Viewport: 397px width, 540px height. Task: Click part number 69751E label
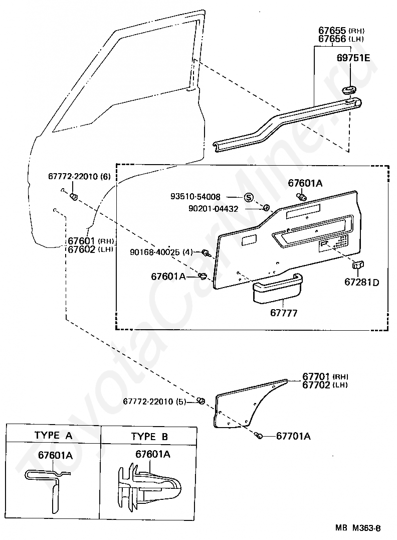tap(353, 58)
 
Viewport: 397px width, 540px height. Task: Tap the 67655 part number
tap(332, 30)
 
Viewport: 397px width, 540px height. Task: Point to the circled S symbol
tap(249, 197)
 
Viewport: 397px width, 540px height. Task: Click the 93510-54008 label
tap(195, 197)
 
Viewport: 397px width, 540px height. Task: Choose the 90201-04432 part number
tap(214, 209)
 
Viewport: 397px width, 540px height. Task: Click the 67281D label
tap(362, 283)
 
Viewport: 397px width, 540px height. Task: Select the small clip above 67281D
tap(358, 265)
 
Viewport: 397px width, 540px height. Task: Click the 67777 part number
tap(284, 313)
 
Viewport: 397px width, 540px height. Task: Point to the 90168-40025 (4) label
tap(161, 252)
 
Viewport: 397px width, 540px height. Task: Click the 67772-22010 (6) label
tap(80, 176)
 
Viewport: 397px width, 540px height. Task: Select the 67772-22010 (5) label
tap(154, 401)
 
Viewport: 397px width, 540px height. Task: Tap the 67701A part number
tap(293, 436)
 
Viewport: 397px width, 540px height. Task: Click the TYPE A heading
tap(53, 435)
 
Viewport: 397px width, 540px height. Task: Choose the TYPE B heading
tap(149, 437)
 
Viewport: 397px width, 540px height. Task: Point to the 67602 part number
tap(81, 249)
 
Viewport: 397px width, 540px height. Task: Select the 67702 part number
tap(316, 385)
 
